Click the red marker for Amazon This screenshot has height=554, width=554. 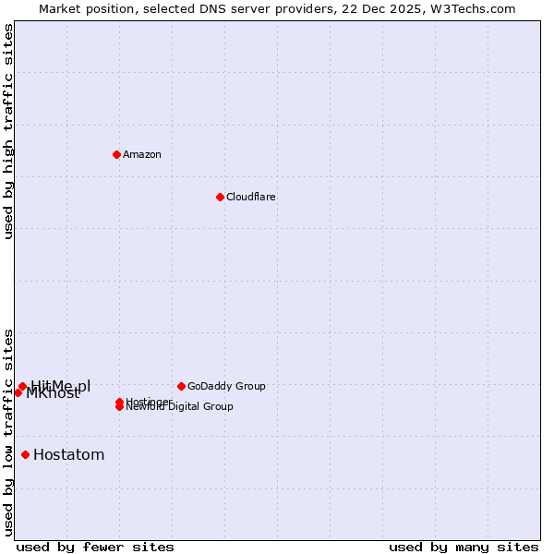pyautogui.click(x=116, y=154)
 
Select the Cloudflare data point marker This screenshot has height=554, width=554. pyautogui.click(x=220, y=197)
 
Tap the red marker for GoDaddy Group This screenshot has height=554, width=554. pyautogui.click(x=181, y=386)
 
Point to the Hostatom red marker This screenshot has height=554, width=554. pyautogui.click(x=25, y=454)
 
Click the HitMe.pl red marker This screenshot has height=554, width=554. pyautogui.click(x=22, y=386)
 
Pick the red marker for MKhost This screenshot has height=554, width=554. pyautogui.click(x=18, y=392)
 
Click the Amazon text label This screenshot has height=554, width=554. pyautogui.click(x=141, y=154)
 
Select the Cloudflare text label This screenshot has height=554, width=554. pyautogui.click(x=250, y=197)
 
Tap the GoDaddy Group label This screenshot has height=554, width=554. pyautogui.click(x=226, y=386)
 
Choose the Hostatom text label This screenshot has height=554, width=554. pyautogui.click(x=68, y=454)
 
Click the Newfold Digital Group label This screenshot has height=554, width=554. pyautogui.click(x=180, y=407)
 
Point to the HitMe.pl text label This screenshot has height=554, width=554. pyautogui.click(x=61, y=385)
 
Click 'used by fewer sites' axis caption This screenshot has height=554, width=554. pyautogui.click(x=95, y=547)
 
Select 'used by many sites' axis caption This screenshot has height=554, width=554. pyautogui.click(x=464, y=547)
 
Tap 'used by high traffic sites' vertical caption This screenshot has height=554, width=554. pyautogui.click(x=9, y=131)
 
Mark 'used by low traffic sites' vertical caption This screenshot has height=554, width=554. pyautogui.click(x=9, y=431)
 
